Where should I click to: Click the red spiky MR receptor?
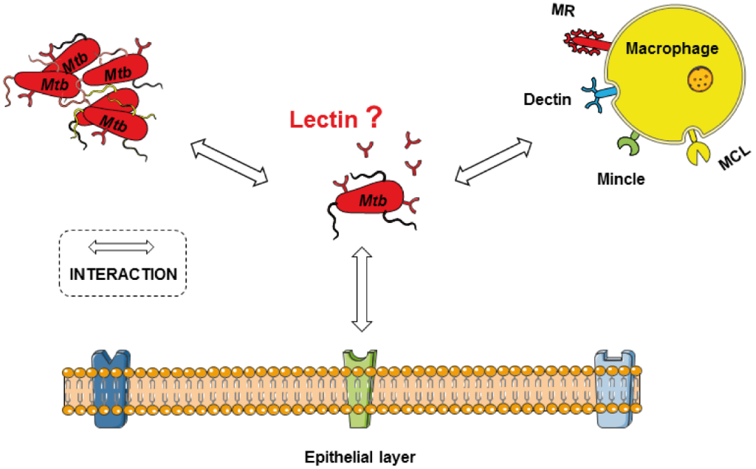click(587, 43)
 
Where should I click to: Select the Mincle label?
click(622, 178)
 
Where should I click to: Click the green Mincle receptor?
click(628, 144)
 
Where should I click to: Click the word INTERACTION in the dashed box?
click(123, 274)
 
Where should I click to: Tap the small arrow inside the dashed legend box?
click(122, 246)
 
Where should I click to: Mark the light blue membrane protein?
click(614, 388)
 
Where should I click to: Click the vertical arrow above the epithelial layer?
click(361, 290)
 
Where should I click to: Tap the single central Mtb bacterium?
click(372, 200)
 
